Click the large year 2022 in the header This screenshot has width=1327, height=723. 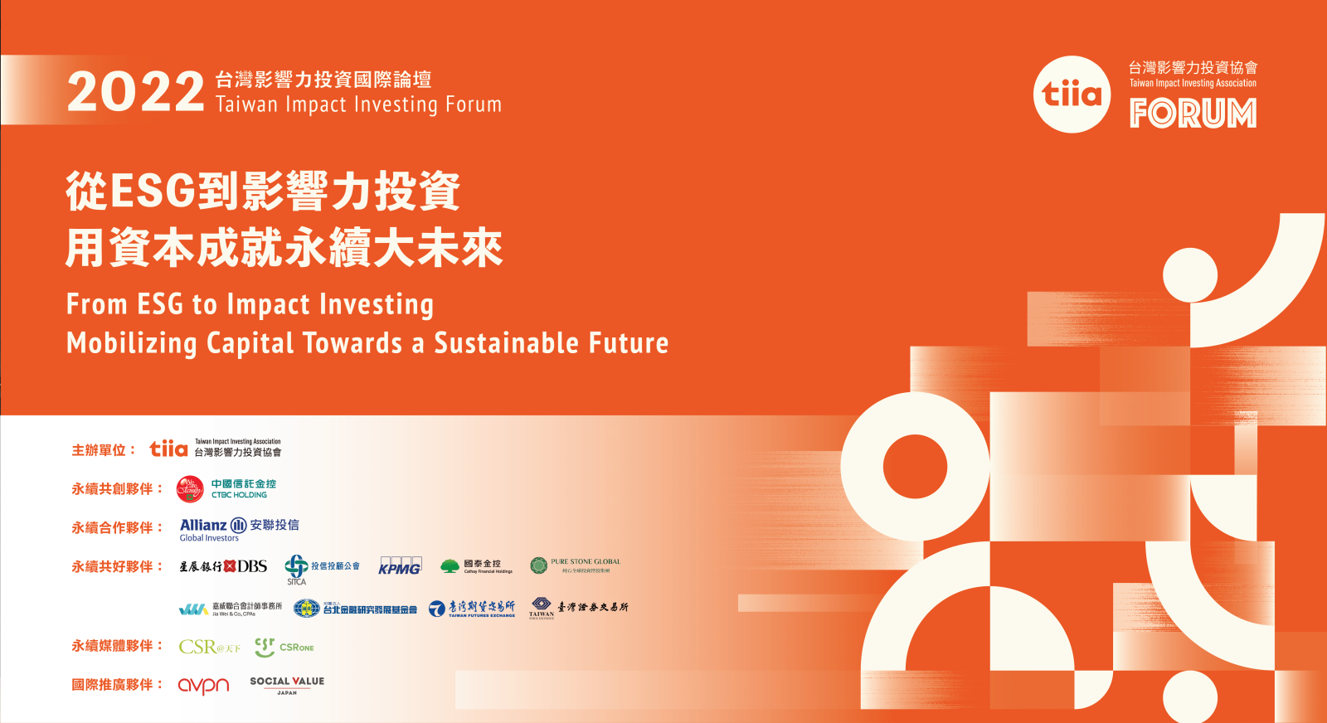pos(135,92)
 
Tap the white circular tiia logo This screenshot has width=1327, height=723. pos(1072,95)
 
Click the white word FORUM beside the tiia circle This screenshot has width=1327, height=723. pos(1193,114)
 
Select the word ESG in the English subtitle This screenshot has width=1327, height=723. pos(159,304)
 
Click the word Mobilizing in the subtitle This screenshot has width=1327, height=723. pos(132,343)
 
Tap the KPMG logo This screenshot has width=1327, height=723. pos(400,566)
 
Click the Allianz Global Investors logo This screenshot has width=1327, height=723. pos(239,529)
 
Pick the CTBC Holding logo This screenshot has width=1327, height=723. pos(226,488)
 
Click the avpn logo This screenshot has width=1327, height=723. pos(203,685)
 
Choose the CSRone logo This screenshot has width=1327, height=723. pos(284,647)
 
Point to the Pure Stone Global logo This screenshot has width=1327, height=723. pos(575,565)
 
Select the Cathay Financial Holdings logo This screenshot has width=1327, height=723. pos(476,566)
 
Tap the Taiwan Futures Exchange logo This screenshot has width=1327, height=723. pos(471,609)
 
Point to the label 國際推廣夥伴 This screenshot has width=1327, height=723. pos(112,685)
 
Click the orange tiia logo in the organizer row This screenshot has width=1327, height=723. pos(168,449)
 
